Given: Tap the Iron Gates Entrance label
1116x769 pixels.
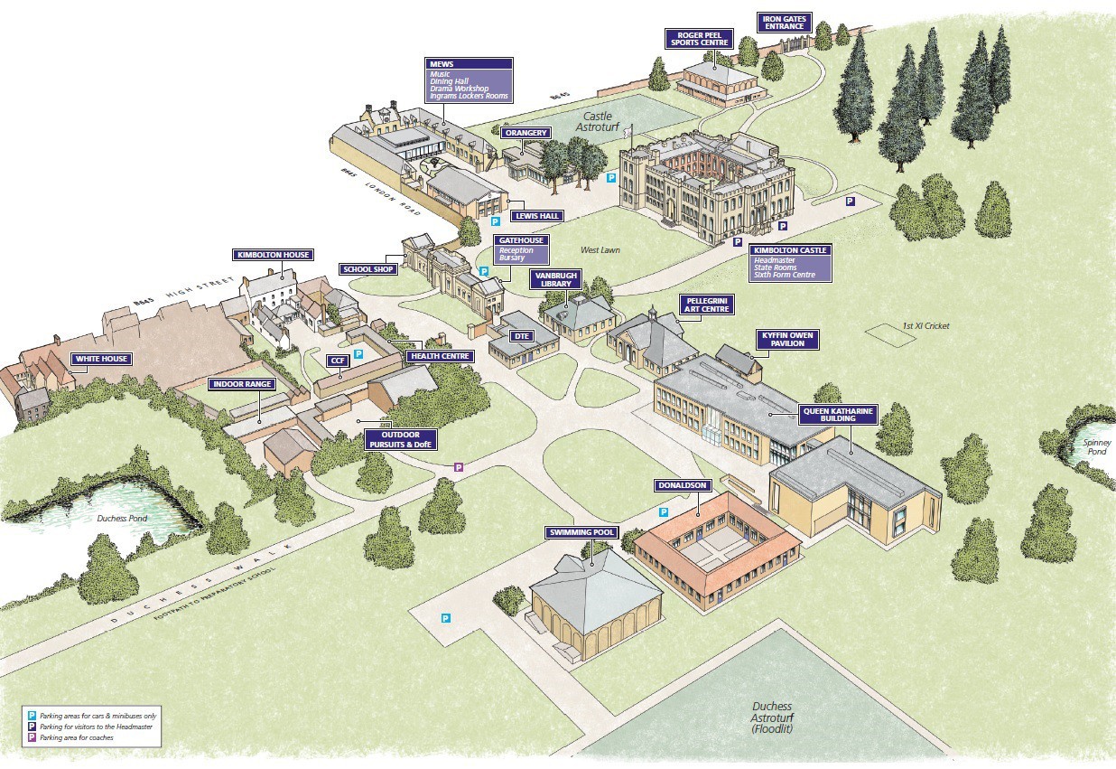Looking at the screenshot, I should point(785,22).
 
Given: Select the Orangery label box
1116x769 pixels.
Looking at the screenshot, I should point(525,133).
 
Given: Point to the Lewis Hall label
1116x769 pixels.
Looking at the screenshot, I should point(536,216).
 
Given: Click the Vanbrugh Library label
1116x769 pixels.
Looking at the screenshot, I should point(555,279).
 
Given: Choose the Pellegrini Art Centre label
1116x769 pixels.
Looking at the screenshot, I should point(706,304).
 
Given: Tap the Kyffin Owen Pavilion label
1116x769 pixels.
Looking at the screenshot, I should point(787,340).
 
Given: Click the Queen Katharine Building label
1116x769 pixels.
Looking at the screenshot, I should point(838,415).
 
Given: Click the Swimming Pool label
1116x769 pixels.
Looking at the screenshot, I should point(581,532).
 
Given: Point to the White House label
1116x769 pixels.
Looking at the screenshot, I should point(101,359).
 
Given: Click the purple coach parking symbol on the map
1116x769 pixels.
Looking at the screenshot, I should point(458,467).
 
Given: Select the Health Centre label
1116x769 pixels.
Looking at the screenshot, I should point(439,356).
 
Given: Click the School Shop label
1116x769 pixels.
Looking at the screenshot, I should point(368,269).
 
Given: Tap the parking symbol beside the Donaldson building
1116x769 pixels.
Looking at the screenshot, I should point(663,511).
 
